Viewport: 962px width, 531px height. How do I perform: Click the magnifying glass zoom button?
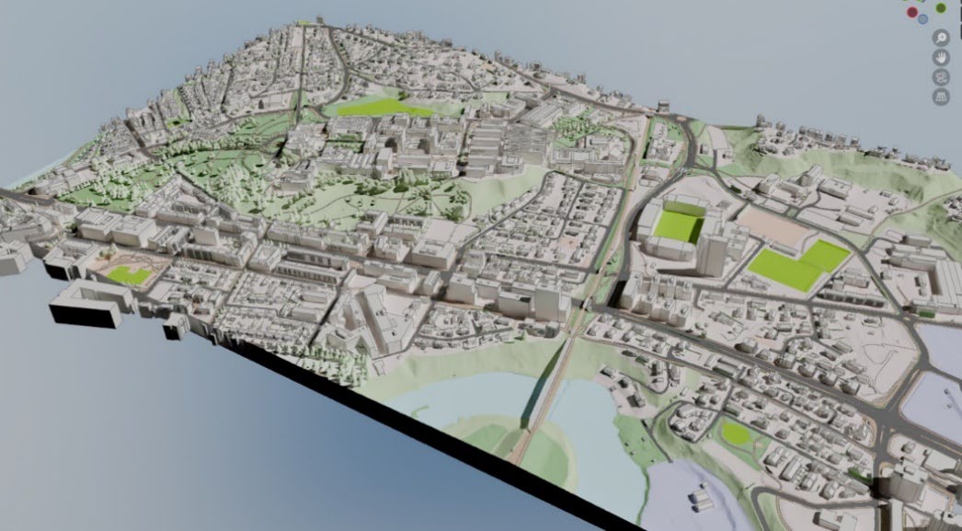tap(941, 38)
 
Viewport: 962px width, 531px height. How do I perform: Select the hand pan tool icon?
tap(941, 57)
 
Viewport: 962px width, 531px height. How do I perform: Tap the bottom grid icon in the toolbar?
tap(941, 98)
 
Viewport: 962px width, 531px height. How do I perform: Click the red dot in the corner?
tap(911, 13)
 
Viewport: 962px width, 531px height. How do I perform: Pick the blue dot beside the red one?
tap(922, 19)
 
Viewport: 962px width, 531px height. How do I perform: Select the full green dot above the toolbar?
tap(942, 8)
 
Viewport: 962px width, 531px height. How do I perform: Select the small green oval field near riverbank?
tap(736, 433)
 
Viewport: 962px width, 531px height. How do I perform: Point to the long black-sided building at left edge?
tap(87, 306)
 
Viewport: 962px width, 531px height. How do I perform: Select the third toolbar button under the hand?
tap(941, 77)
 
